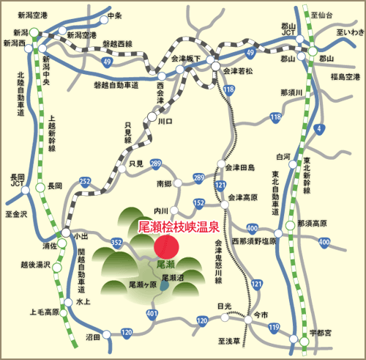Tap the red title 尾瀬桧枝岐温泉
click(x=178, y=228)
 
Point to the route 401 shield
click(x=152, y=315)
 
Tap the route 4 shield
click(x=318, y=130)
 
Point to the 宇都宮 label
click(x=320, y=331)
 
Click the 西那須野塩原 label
click(x=254, y=240)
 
